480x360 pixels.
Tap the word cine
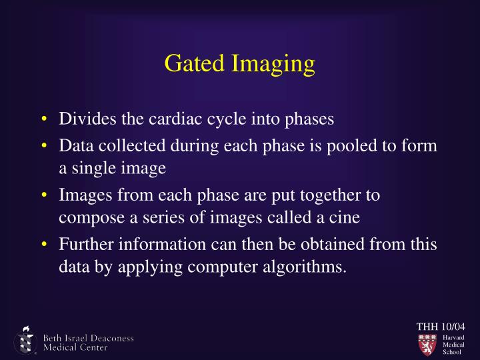(333, 219)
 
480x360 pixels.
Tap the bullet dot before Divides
(43, 121)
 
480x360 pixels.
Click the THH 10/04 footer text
(440, 326)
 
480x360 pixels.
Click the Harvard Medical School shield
(427, 344)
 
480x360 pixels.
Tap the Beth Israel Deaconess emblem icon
(25, 341)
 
